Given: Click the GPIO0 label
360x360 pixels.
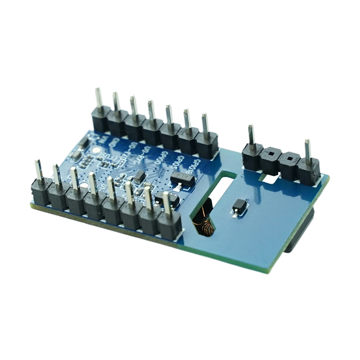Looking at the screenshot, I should point(165,156).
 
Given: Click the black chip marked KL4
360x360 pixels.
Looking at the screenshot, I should point(182,180).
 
